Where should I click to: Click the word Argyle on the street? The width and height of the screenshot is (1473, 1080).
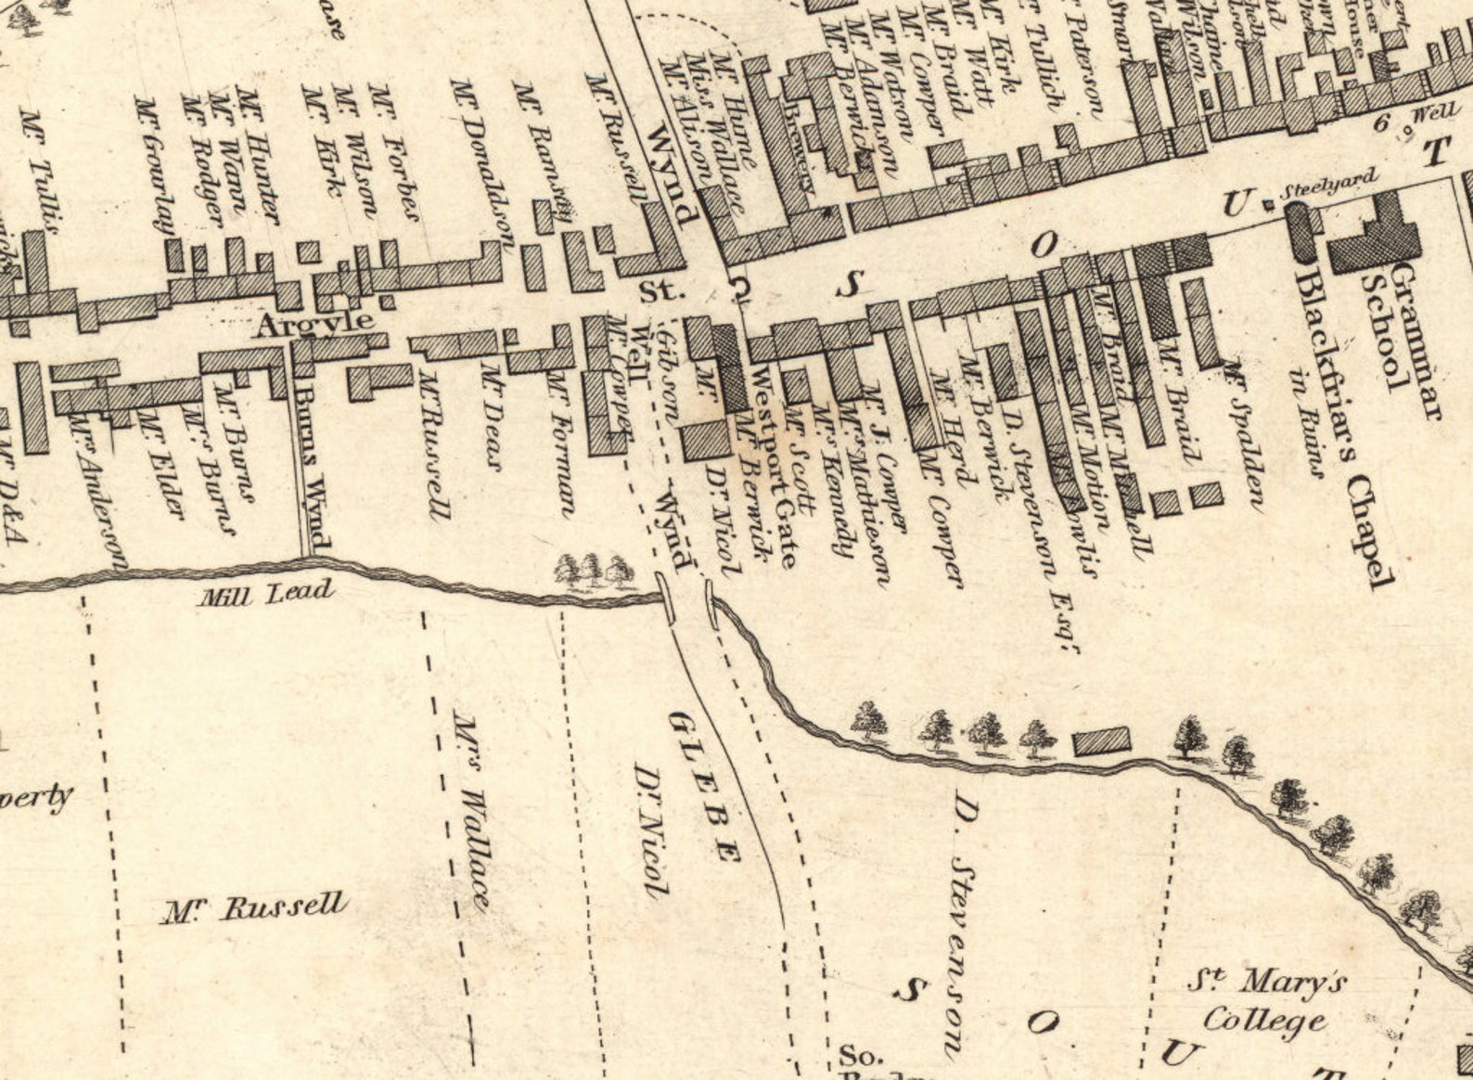[x=315, y=324]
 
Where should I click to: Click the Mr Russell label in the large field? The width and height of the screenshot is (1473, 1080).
[x=255, y=907]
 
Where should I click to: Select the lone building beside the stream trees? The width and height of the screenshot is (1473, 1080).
[x=1102, y=741]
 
